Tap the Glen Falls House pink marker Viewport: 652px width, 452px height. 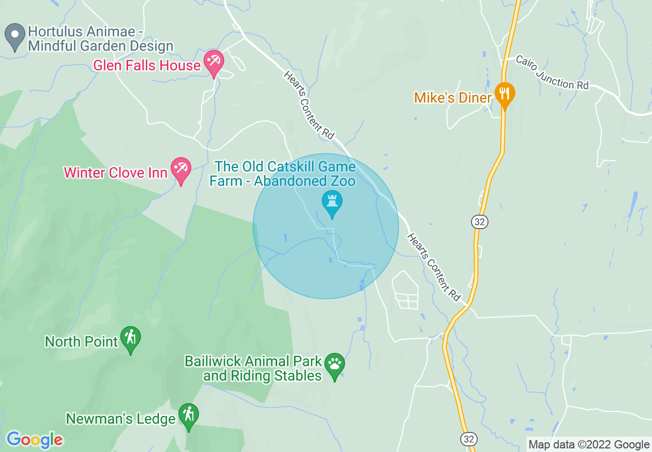click(x=213, y=63)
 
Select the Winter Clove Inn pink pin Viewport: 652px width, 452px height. click(x=181, y=170)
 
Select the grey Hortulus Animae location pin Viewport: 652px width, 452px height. click(x=14, y=36)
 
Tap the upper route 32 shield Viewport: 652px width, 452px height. click(x=479, y=222)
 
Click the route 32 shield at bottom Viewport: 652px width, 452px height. click(x=469, y=439)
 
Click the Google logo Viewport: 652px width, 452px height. click(x=35, y=440)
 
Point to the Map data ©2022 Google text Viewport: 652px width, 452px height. click(x=589, y=445)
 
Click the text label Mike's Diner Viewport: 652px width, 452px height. click(x=452, y=98)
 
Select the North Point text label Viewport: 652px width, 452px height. click(x=81, y=342)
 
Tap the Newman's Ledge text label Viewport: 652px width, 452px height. click(x=121, y=419)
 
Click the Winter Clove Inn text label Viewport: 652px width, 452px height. click(x=116, y=173)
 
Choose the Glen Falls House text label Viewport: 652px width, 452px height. click(x=147, y=66)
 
